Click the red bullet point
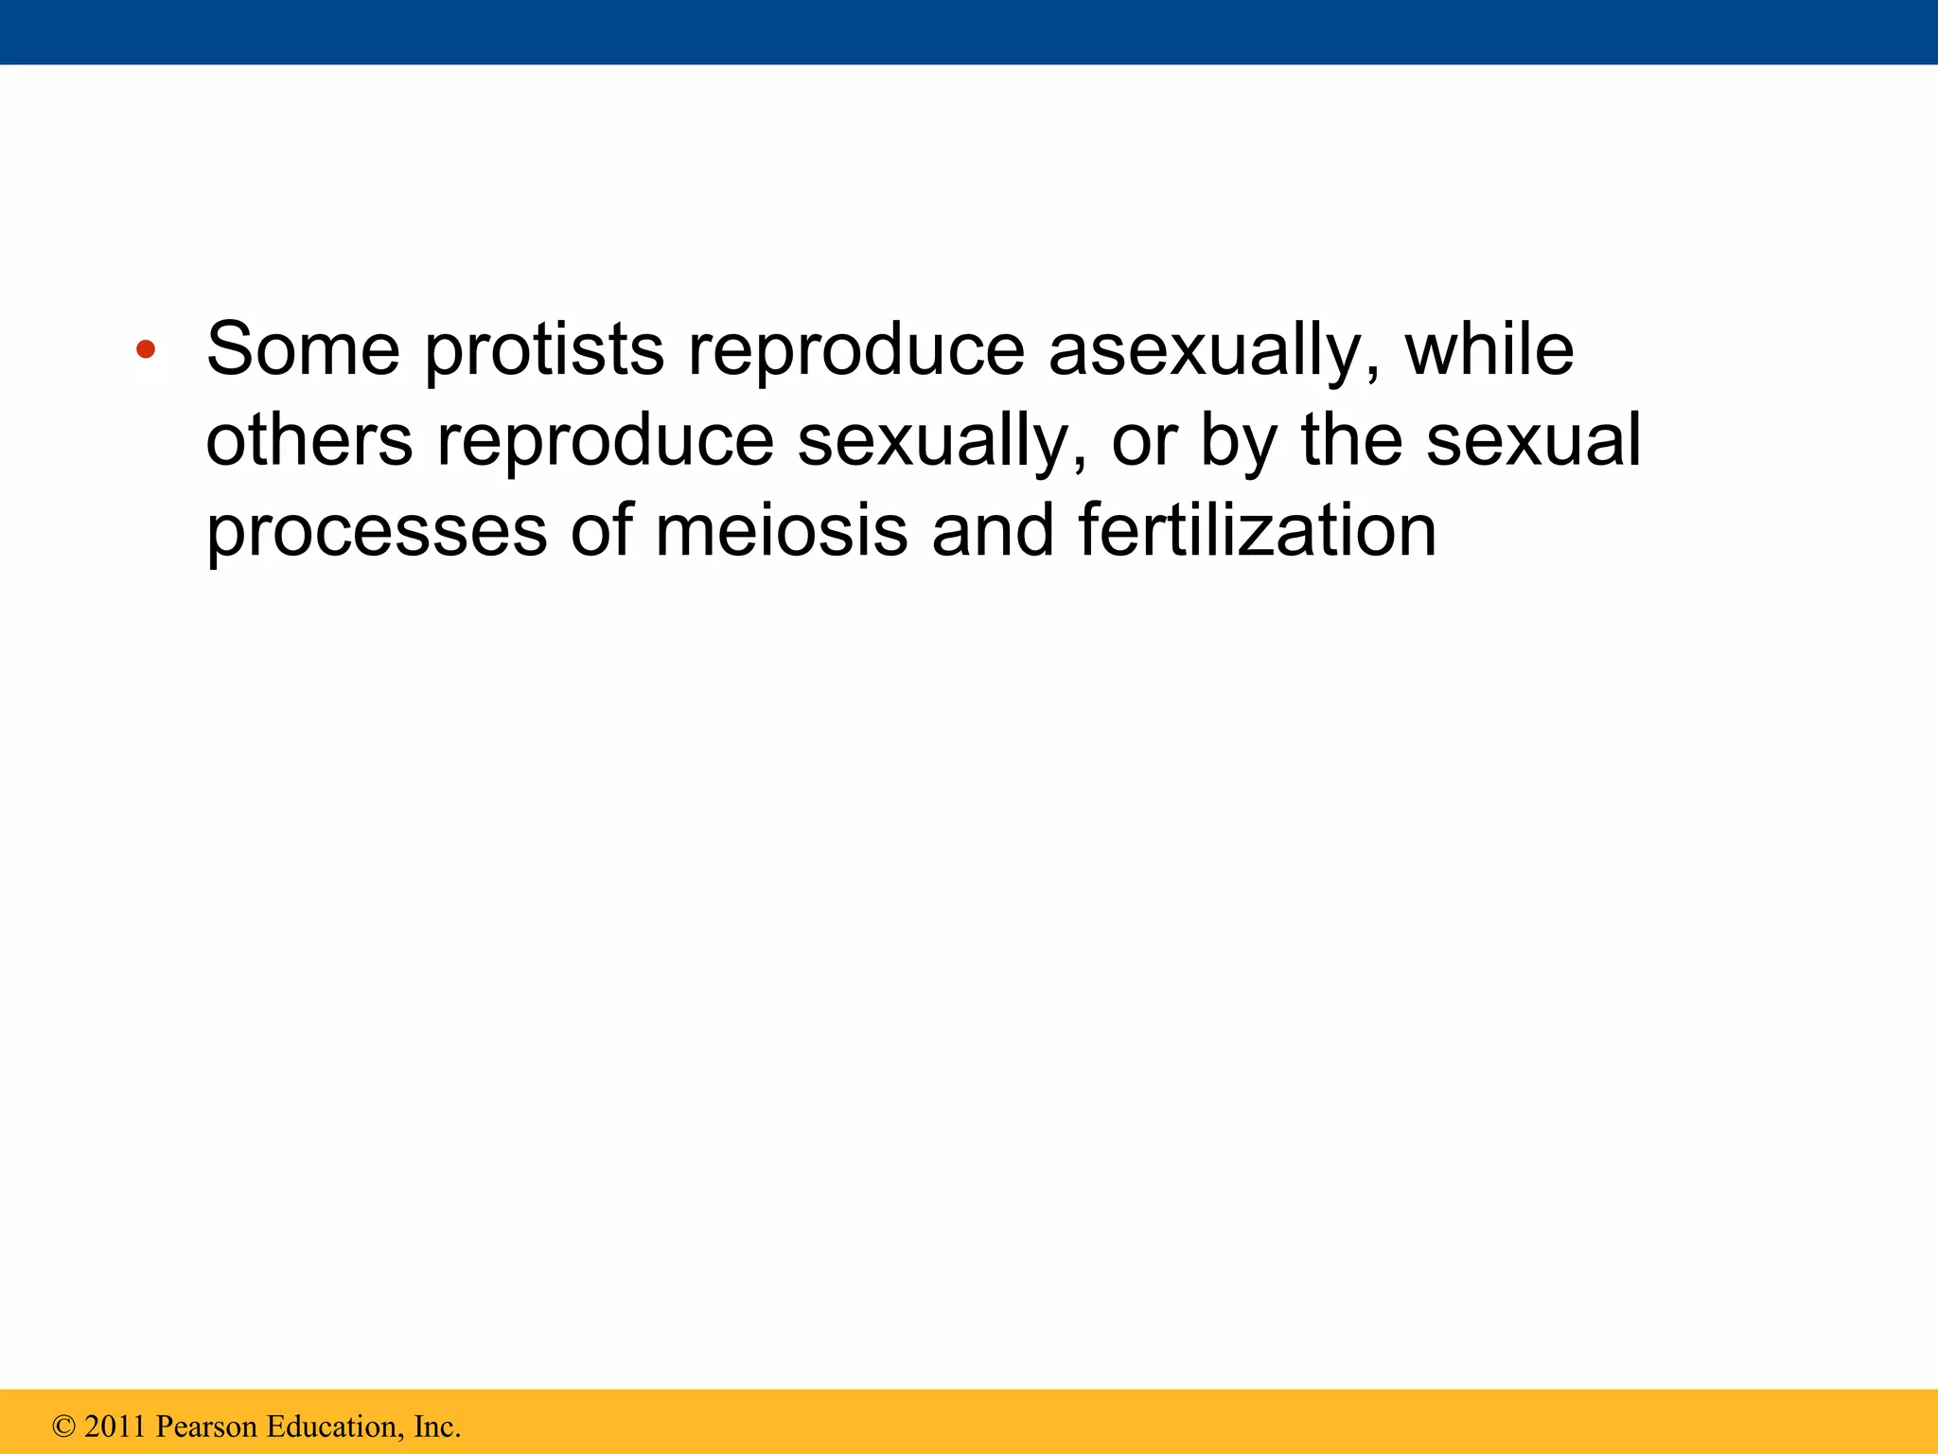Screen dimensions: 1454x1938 coord(145,350)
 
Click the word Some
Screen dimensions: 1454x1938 coord(303,349)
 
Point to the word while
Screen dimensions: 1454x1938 coord(1489,349)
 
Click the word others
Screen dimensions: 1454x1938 coord(309,441)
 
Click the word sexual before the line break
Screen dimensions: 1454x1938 coord(1533,441)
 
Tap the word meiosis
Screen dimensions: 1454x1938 coord(782,531)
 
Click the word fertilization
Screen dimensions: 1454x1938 coord(1258,531)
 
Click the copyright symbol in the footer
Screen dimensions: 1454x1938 coord(63,1427)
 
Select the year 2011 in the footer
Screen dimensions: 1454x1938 coord(115,1427)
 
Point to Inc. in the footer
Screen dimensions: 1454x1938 coord(437,1427)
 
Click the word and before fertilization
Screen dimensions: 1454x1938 coord(993,531)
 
